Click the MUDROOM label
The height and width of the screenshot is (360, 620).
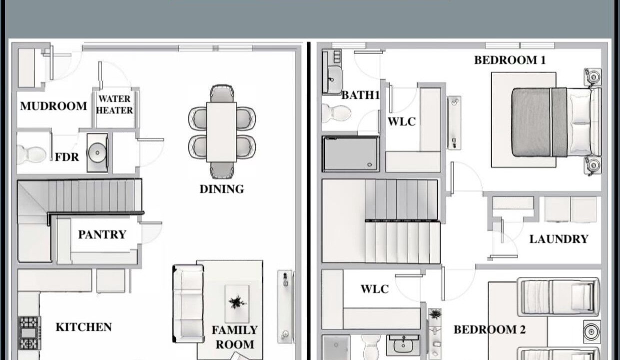53,106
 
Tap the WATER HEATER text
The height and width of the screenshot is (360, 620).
114,104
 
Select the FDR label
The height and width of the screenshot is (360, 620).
67,157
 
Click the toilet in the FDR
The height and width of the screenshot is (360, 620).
31,154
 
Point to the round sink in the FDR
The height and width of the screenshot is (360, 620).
97,152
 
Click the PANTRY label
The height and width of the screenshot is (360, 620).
102,234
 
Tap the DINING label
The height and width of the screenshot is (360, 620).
222,189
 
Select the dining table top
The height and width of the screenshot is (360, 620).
221,132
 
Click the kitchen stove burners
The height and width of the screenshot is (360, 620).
29,333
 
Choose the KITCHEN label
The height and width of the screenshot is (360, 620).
83,327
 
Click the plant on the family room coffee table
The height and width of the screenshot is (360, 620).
237,302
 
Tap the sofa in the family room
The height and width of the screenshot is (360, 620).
188,304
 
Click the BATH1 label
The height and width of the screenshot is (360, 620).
360,95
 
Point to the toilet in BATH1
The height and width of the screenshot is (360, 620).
336,113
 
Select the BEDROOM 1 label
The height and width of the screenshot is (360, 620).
510,60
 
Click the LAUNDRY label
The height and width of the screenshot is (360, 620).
559,239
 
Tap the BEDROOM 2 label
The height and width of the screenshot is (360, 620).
490,329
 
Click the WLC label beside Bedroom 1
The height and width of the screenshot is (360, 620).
402,122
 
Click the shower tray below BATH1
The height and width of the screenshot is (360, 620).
351,154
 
